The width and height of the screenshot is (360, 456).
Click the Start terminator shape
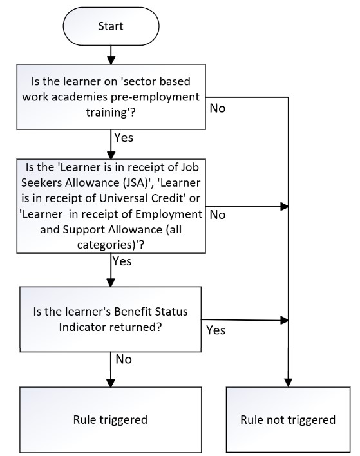click(x=111, y=26)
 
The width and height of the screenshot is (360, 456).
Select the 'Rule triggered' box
click(x=111, y=420)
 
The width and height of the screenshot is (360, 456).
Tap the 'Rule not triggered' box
click(x=288, y=420)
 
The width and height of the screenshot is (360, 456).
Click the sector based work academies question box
click(x=111, y=97)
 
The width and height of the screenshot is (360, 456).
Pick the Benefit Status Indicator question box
click(x=111, y=319)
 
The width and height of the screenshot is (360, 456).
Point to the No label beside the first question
click(x=218, y=108)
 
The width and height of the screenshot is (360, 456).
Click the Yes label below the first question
click(x=124, y=138)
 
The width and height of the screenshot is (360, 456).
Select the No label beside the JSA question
click(x=218, y=215)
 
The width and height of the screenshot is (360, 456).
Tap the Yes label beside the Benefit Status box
click(x=216, y=330)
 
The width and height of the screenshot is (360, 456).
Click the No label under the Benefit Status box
click(x=124, y=359)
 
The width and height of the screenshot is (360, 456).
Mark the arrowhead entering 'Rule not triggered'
click(x=288, y=383)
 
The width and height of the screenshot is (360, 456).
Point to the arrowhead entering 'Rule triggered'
click(x=111, y=383)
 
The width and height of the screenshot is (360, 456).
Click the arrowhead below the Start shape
click(x=111, y=60)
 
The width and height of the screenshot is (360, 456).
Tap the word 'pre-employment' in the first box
click(x=155, y=97)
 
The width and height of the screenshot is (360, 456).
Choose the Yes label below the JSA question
click(x=122, y=261)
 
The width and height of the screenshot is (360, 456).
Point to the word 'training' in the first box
click(x=107, y=113)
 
